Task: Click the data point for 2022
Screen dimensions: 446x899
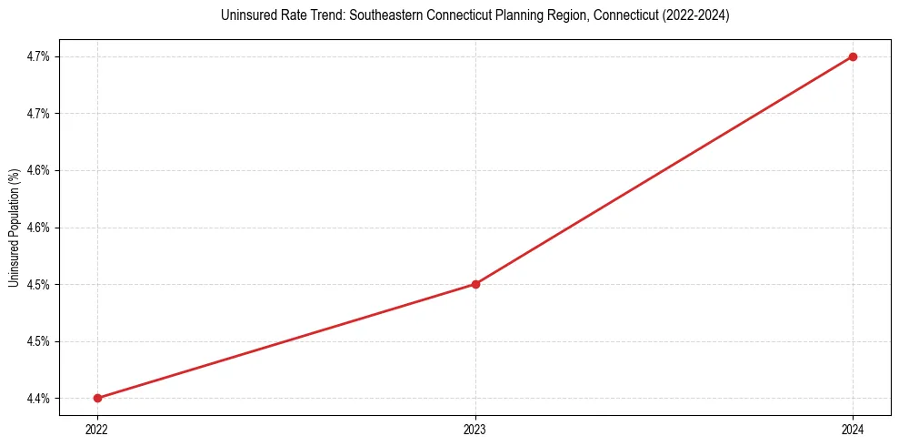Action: point(97,398)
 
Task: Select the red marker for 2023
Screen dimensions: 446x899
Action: point(475,284)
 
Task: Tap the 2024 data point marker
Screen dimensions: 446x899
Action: point(853,56)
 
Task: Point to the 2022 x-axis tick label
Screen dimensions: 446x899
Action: point(97,428)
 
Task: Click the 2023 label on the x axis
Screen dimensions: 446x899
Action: point(475,428)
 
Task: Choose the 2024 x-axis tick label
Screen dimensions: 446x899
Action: point(853,428)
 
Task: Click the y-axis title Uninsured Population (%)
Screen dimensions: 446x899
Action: point(14,227)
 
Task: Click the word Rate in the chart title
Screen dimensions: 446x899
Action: point(272,15)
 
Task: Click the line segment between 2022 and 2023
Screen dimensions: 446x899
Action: point(286,341)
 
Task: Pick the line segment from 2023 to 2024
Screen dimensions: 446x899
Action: point(664,170)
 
